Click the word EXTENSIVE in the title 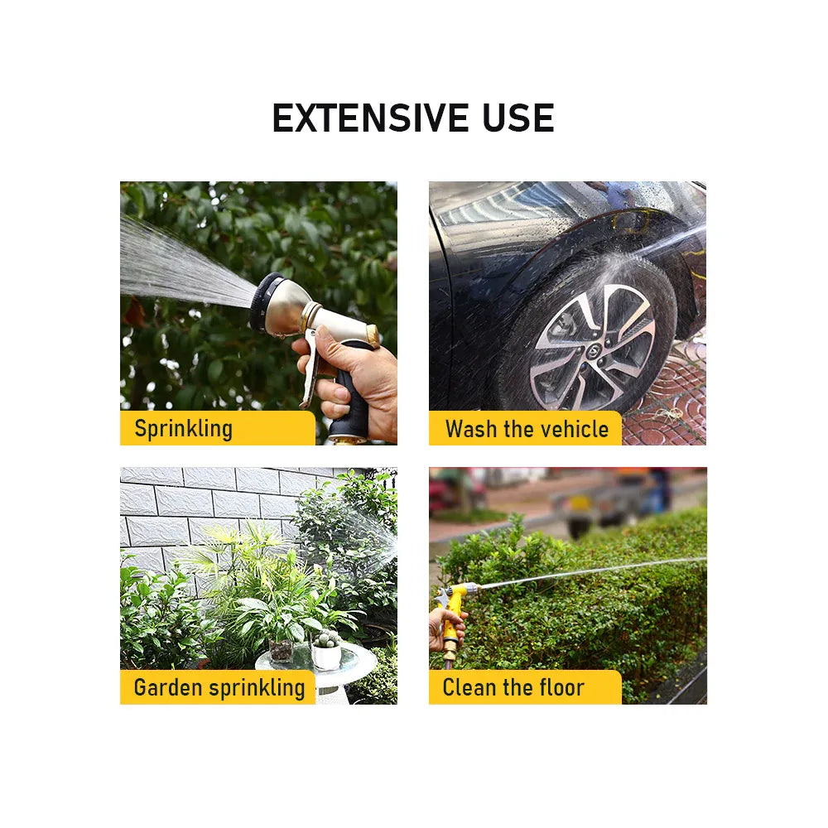click(x=369, y=118)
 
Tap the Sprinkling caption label click(x=183, y=428)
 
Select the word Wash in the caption click(x=471, y=429)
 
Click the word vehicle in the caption click(x=575, y=429)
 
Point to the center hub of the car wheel click(x=593, y=349)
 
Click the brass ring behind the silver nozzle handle click(x=373, y=336)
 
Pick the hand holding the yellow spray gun click(x=445, y=628)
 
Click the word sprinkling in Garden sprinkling click(x=258, y=688)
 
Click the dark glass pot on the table click(x=281, y=649)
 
